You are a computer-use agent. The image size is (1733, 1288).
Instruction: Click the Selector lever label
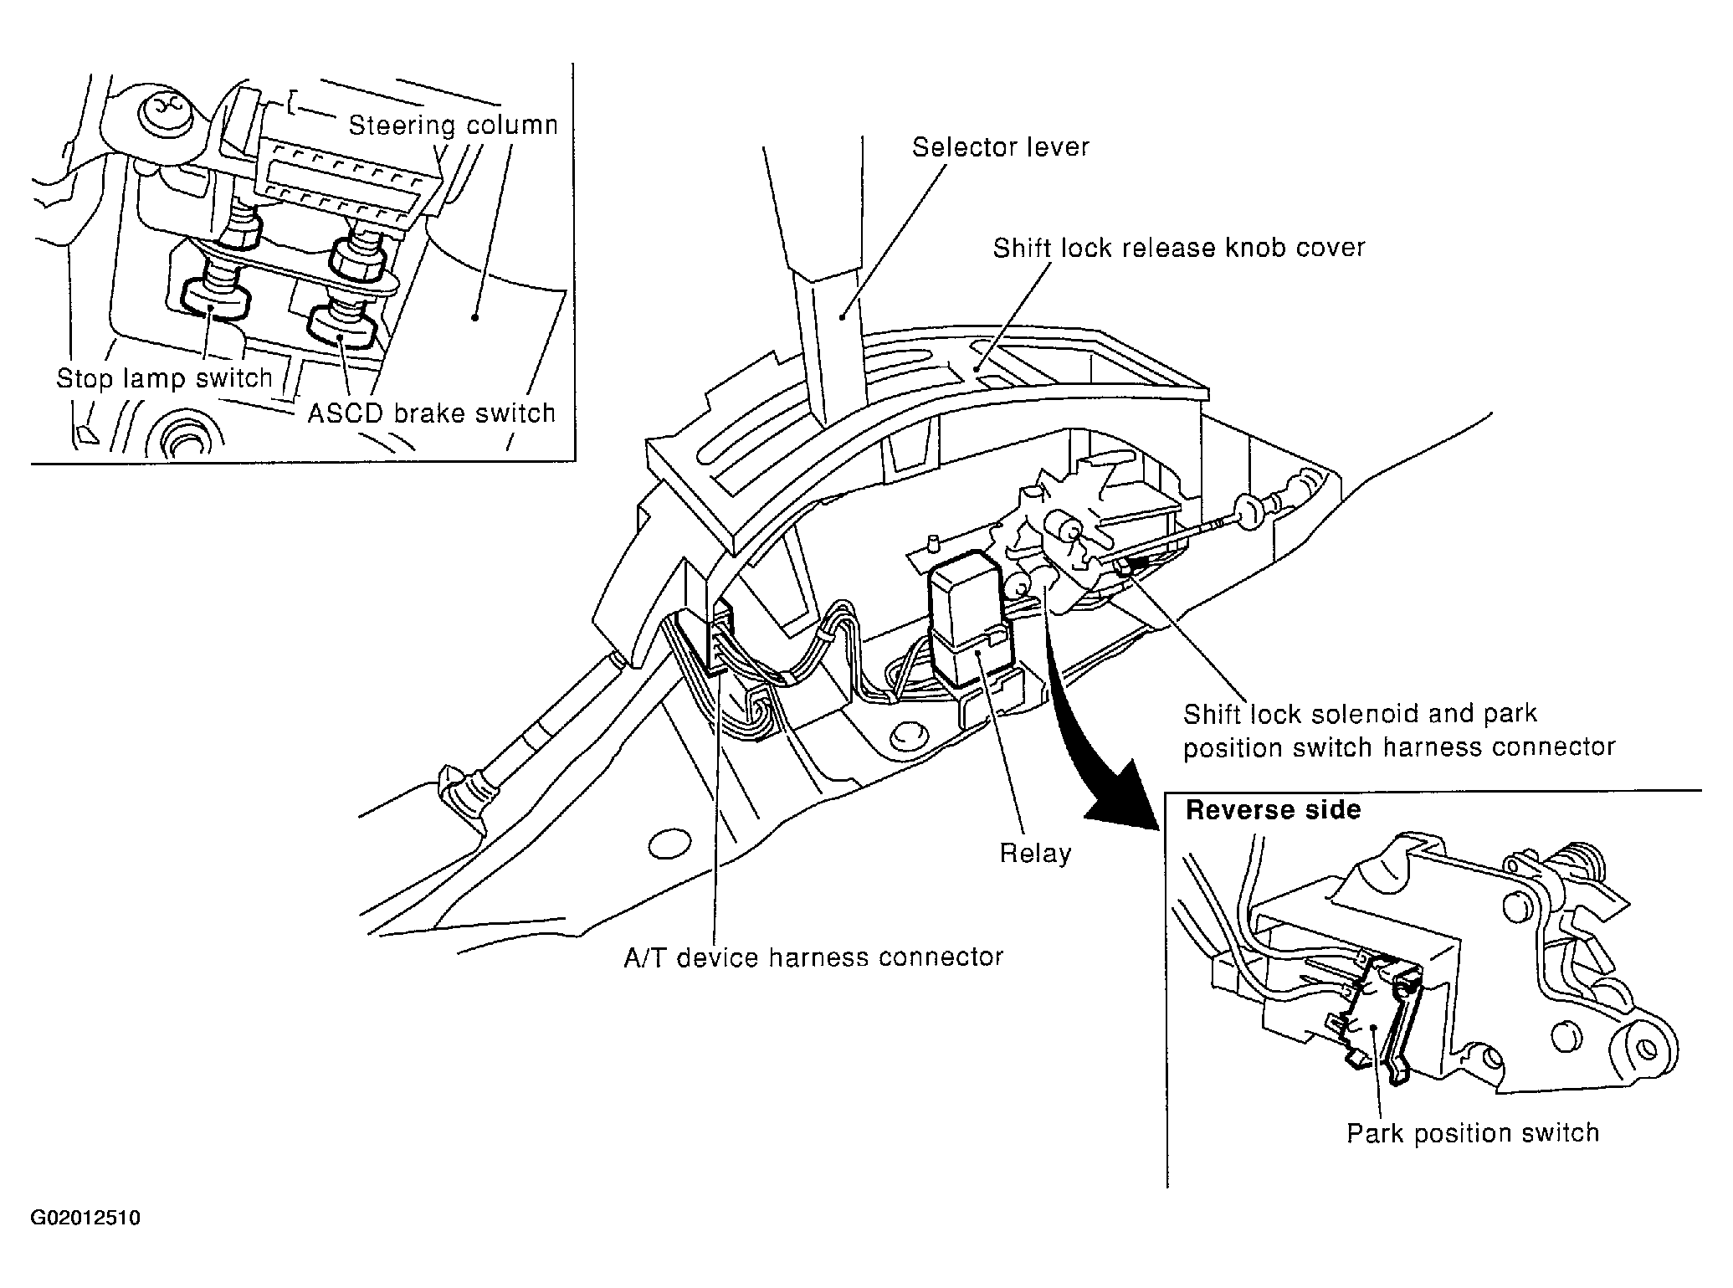point(1001,147)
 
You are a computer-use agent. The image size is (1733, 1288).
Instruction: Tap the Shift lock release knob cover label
point(1179,248)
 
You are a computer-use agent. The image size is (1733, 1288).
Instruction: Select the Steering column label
point(453,126)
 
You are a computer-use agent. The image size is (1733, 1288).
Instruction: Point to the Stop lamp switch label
point(165,379)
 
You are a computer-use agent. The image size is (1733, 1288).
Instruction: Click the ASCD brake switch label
point(432,413)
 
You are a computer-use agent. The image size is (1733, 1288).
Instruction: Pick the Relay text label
point(1036,854)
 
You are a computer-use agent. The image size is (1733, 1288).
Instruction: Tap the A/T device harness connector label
point(813,957)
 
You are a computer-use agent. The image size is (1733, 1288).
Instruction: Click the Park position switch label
point(1473,1133)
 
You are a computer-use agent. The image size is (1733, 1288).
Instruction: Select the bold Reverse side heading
point(1274,810)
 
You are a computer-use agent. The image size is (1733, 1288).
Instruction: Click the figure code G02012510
point(85,1218)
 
